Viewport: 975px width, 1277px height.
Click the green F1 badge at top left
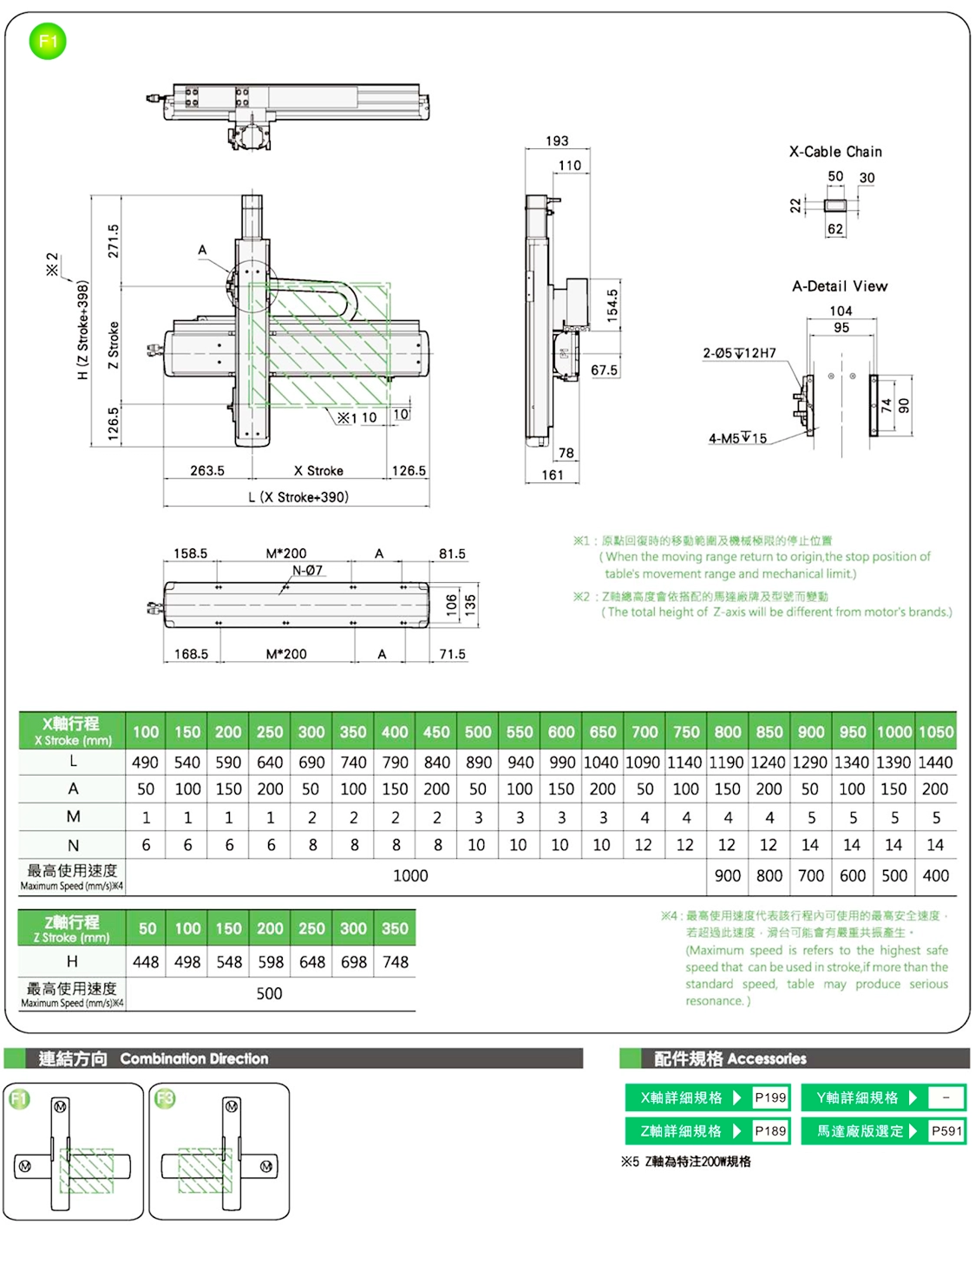pyautogui.click(x=48, y=42)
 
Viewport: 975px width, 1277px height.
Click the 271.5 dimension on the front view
pyautogui.click(x=114, y=240)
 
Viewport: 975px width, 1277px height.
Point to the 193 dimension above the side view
pyautogui.click(x=557, y=141)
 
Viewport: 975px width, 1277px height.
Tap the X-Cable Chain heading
pyautogui.click(x=835, y=152)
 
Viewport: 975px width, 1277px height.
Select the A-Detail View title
pyautogui.click(x=840, y=286)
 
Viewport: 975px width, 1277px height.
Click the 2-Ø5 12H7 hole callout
pyautogui.click(x=739, y=353)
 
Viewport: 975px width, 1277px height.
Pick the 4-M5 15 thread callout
pyautogui.click(x=737, y=438)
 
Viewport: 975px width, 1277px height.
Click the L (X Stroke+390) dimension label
pyautogui.click(x=298, y=497)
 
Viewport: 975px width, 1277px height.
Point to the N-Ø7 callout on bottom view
pyautogui.click(x=308, y=570)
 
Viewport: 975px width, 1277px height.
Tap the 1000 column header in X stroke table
pyautogui.click(x=893, y=731)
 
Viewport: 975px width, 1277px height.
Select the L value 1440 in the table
pyautogui.click(x=935, y=763)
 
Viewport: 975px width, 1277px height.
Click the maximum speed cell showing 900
pyautogui.click(x=727, y=875)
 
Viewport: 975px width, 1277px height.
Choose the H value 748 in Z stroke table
pyautogui.click(x=396, y=962)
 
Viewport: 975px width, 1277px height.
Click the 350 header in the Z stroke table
pyautogui.click(x=395, y=928)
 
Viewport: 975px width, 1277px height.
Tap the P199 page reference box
pyautogui.click(x=770, y=1097)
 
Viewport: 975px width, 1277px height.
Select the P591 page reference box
pyautogui.click(x=946, y=1130)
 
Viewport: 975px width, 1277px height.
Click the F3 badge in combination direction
pyautogui.click(x=165, y=1099)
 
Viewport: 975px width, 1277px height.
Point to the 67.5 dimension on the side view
pyautogui.click(x=604, y=370)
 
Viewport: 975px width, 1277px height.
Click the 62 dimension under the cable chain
pyautogui.click(x=834, y=229)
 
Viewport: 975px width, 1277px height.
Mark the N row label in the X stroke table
pyautogui.click(x=73, y=845)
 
